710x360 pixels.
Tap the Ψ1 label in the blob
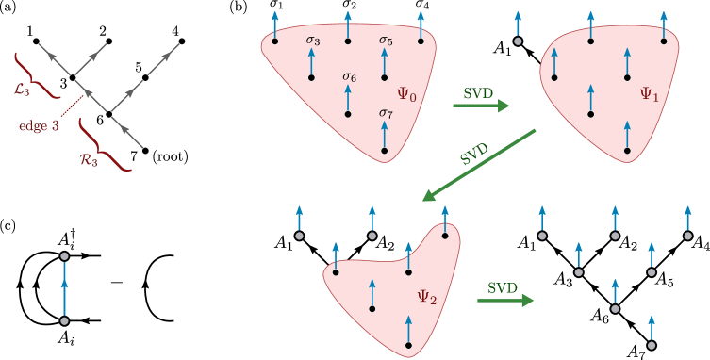(649, 94)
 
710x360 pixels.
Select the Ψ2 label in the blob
(426, 297)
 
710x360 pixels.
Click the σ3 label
(313, 41)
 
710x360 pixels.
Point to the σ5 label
(386, 41)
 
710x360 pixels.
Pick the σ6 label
(349, 76)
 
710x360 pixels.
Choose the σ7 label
(386, 113)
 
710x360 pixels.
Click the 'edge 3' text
(40, 126)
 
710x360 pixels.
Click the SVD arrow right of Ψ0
(481, 105)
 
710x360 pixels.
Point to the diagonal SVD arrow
(478, 165)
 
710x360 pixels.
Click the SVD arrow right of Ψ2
(505, 300)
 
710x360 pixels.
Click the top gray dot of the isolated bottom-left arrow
(64, 255)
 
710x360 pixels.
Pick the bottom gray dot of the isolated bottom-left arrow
(64, 321)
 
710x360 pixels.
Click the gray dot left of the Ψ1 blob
(518, 41)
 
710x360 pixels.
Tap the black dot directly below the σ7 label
(385, 150)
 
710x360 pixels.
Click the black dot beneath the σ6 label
(349, 114)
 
